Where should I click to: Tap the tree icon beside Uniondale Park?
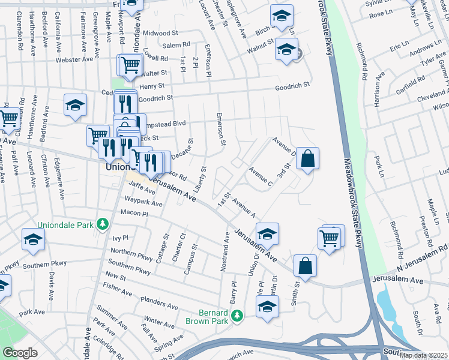(x=103, y=224)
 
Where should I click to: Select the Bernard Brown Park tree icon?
(x=238, y=315)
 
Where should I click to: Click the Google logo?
(x=20, y=353)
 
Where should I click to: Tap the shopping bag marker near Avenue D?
(x=307, y=160)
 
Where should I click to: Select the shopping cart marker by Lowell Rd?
(x=130, y=64)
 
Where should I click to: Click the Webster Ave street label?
(x=74, y=59)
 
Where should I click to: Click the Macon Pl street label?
(x=134, y=213)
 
